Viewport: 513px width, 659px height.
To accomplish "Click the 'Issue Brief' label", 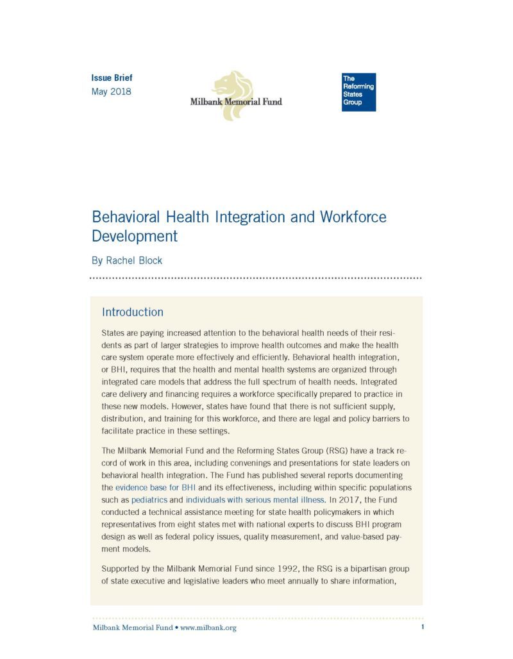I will (112, 78).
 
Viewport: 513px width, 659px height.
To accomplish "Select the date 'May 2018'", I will (112, 92).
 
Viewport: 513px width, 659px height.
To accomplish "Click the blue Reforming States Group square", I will (358, 92).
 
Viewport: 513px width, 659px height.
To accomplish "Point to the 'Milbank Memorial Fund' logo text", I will (236, 101).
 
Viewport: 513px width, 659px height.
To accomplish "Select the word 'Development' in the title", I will (135, 236).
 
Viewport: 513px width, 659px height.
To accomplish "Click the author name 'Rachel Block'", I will (134, 261).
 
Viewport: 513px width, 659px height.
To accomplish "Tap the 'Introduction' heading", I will (133, 312).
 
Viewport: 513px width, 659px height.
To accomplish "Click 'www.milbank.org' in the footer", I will (208, 628).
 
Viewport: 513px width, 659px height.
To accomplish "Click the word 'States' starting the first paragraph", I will (114, 334).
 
